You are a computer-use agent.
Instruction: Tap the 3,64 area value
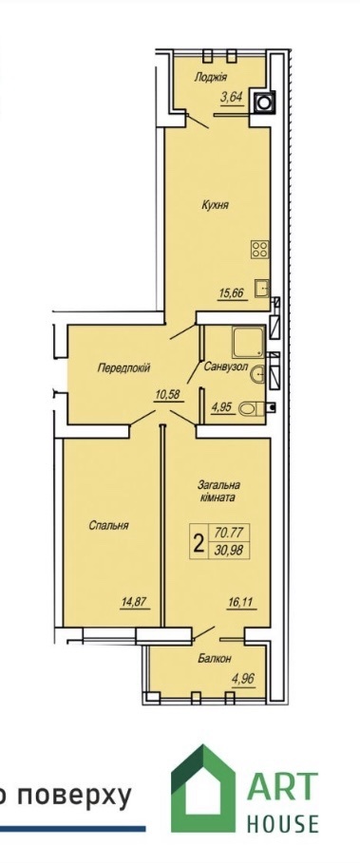pos(232,99)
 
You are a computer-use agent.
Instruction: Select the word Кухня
pos(215,205)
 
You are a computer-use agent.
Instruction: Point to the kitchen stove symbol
pos(260,250)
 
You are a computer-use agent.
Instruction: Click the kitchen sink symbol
pos(261,288)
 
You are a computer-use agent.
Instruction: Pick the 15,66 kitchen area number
pos(231,292)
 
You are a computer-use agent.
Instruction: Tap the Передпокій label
pos(123,367)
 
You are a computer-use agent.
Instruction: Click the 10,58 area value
pos(168,394)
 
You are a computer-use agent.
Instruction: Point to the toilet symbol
pos(252,408)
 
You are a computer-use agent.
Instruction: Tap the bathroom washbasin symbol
pos(257,375)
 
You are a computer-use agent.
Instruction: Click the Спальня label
pos(108,526)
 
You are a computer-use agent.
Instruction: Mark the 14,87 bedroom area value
pos(135,603)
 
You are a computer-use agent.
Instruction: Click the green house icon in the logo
pos(203,788)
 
